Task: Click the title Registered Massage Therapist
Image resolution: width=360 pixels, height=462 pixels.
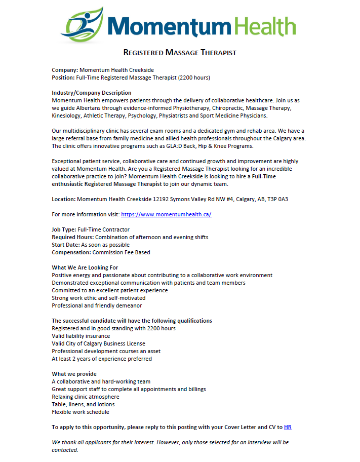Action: [x=180, y=52]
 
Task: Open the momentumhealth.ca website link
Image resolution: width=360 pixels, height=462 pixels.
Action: [x=166, y=214]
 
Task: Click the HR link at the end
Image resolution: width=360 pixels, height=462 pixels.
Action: [x=288, y=427]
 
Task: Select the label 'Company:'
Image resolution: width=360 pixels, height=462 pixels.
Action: [x=65, y=70]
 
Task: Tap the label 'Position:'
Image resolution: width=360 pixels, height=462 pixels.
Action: [x=63, y=78]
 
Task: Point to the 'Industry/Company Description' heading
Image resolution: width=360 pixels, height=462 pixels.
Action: [x=92, y=93]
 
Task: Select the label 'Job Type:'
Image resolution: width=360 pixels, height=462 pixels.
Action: [x=64, y=229]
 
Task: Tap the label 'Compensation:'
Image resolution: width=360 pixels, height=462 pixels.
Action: [x=71, y=252]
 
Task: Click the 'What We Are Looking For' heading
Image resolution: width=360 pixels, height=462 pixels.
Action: [x=85, y=267]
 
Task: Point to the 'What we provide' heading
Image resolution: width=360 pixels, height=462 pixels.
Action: [x=74, y=374]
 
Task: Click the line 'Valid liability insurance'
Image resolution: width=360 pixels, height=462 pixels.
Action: [x=81, y=336]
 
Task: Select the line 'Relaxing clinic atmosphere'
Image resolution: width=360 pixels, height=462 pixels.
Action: [x=85, y=397]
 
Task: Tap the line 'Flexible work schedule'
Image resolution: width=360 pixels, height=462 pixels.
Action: [x=80, y=412]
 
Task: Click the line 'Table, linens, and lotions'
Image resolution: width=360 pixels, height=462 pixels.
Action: [x=83, y=404]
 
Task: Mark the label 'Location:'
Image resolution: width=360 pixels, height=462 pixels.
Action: [x=64, y=199]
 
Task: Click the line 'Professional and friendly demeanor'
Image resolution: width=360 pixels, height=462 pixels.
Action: [x=97, y=305]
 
